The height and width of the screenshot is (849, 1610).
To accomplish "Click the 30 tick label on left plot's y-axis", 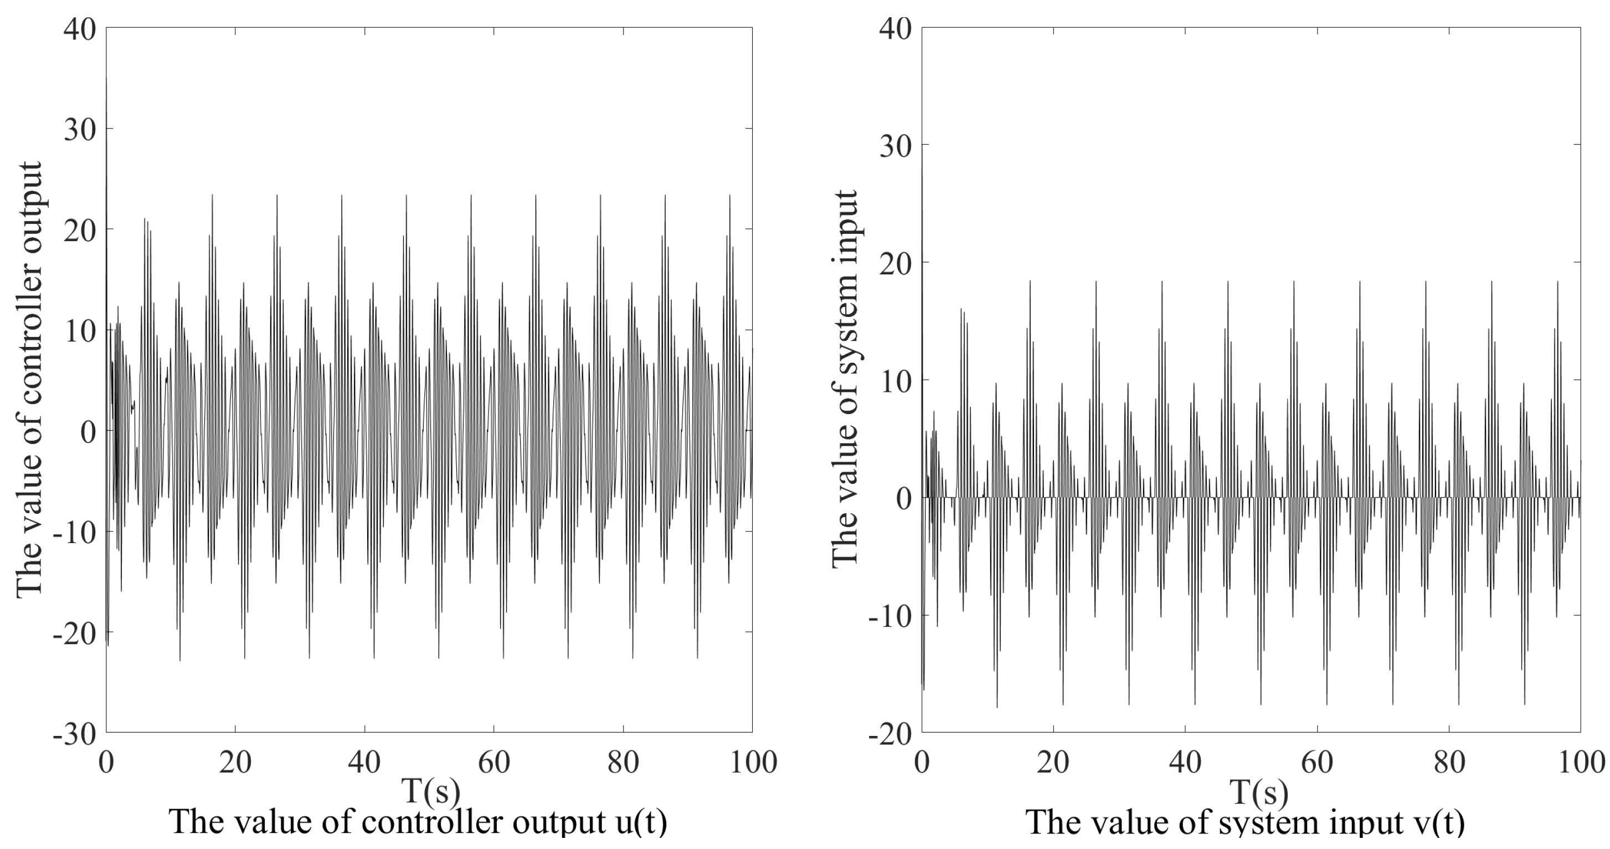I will coord(79,130).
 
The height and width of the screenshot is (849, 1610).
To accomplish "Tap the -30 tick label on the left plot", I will coord(74,734).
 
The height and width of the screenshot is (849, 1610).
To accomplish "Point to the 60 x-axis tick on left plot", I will coord(494,763).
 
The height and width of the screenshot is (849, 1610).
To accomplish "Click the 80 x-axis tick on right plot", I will coord(1449,763).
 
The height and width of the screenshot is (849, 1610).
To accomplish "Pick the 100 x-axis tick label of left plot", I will coord(753,763).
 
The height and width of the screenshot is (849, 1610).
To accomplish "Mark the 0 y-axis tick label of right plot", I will coord(905,498).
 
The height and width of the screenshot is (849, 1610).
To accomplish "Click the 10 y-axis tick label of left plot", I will coord(79,331).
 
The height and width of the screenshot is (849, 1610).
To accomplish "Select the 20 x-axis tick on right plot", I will coord(1054,763).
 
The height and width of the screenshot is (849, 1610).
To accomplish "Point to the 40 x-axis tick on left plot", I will coord(364,763).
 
